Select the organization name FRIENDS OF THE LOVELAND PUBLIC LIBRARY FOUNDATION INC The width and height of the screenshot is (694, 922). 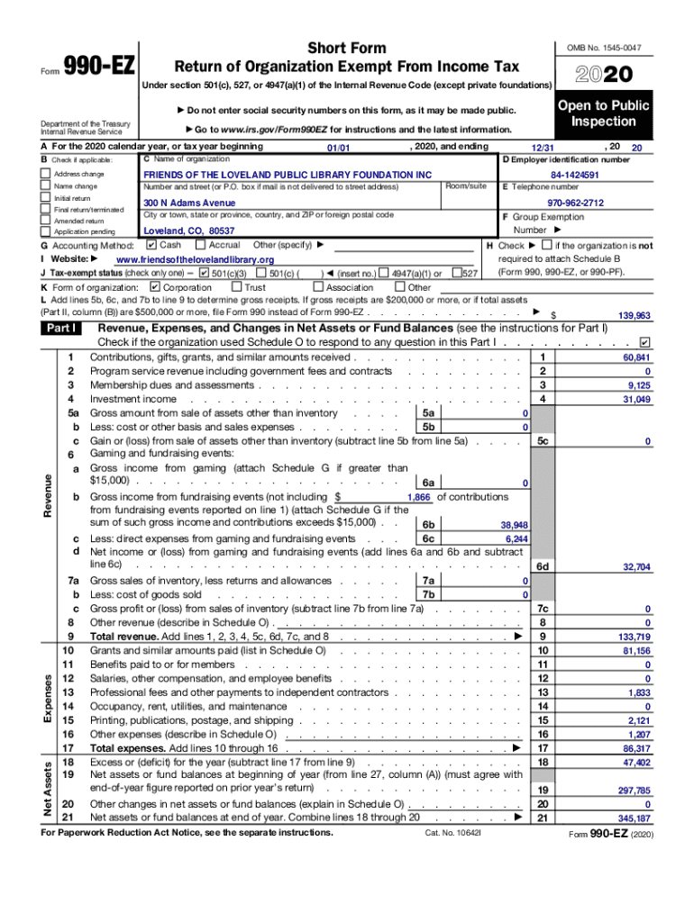[288, 174]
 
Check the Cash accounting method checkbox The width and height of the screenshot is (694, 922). [151, 245]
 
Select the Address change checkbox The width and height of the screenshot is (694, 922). [47, 173]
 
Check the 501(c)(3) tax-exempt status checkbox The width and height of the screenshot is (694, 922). [204, 273]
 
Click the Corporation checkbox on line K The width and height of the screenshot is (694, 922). [154, 287]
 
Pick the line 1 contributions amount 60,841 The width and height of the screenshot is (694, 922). [635, 357]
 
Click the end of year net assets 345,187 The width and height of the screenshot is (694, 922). [634, 818]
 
